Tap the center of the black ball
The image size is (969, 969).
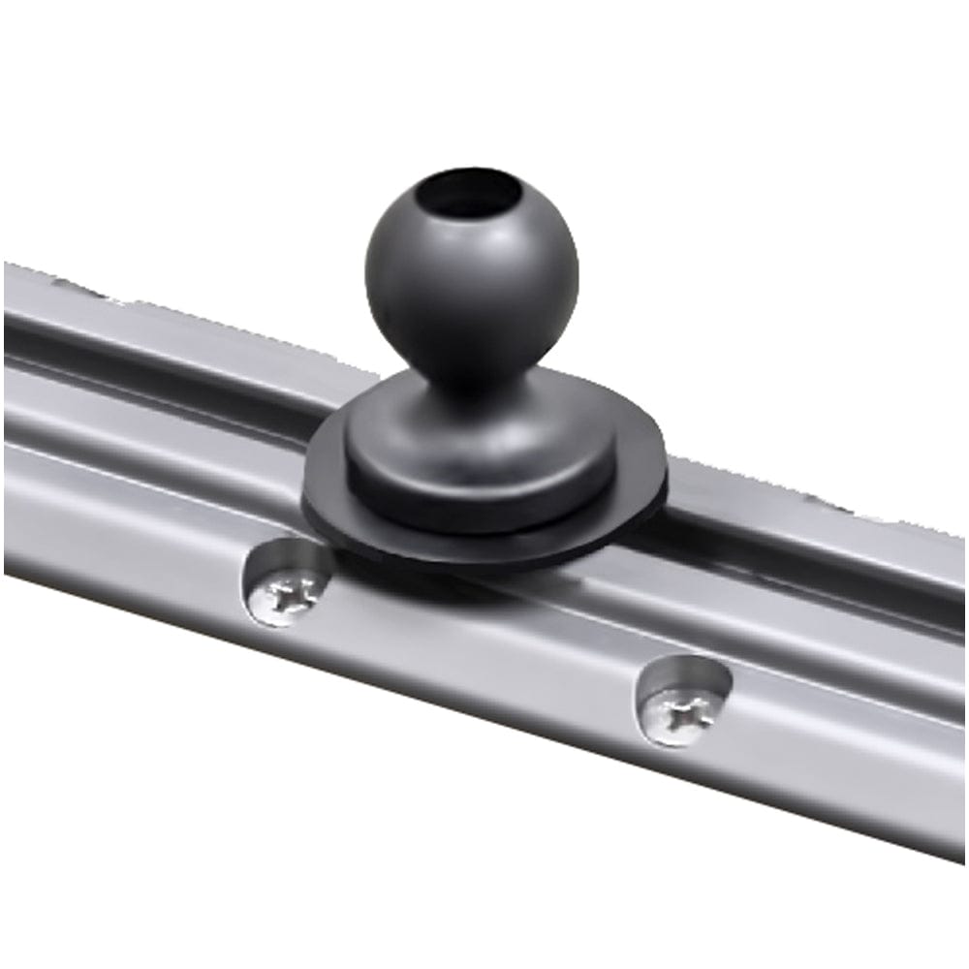point(472,281)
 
